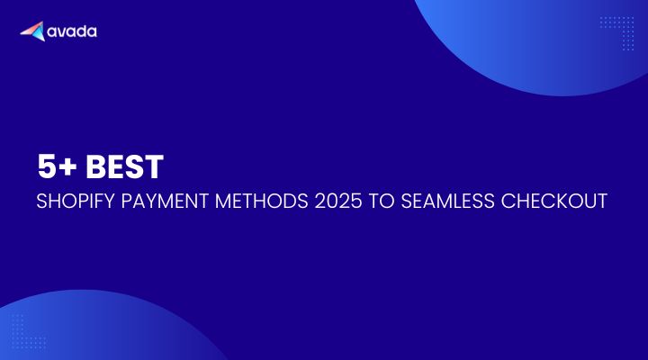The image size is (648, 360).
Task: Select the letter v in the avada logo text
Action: pyautogui.click(x=60, y=32)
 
